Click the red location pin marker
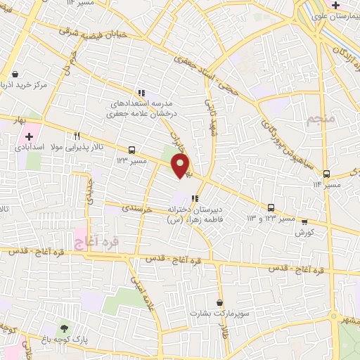pos(181,165)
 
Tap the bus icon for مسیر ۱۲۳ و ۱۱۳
pos(271,207)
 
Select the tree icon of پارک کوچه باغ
pos(64,328)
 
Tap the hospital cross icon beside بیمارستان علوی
pos(337,6)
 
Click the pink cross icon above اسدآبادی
pos(29,136)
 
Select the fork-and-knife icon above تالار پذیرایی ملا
pos(77,136)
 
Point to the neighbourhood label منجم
pos(323,122)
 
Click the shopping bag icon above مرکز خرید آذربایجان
pos(15,73)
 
